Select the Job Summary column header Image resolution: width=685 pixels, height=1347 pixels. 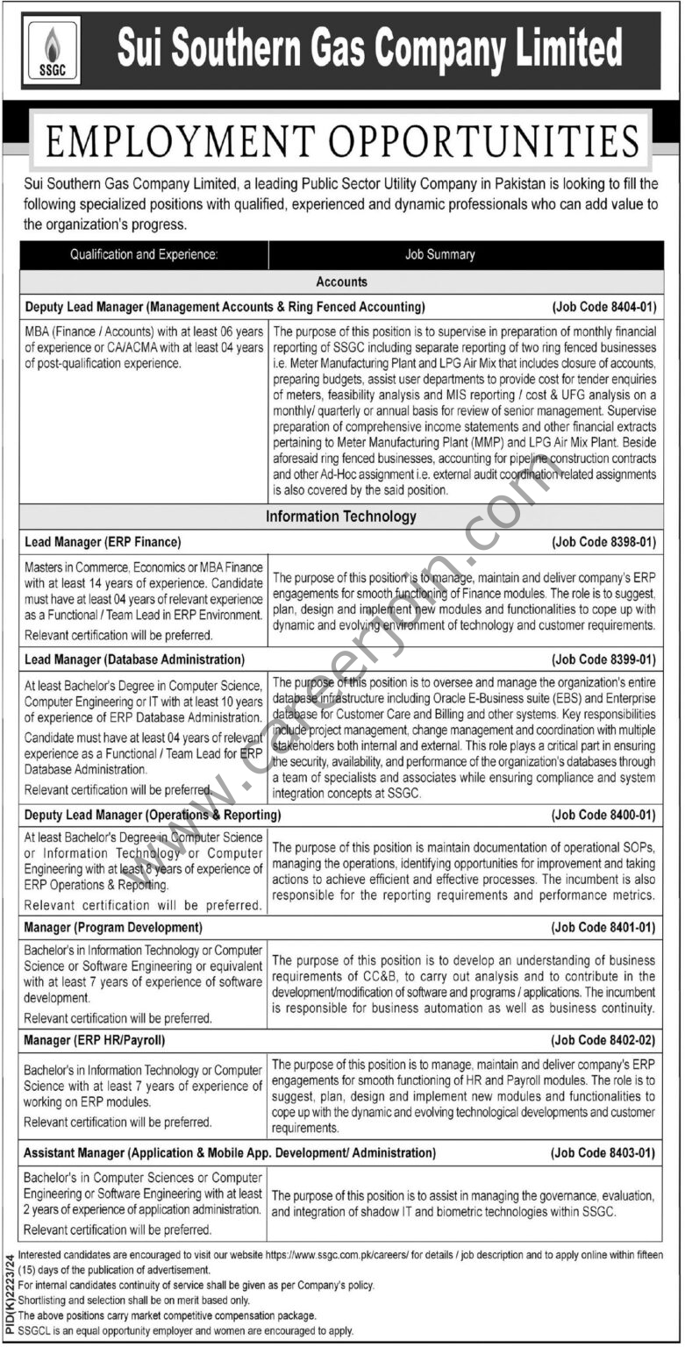[x=439, y=255]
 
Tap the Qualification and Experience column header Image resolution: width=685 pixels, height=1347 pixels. [x=144, y=255]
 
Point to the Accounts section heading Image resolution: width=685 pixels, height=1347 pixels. [x=341, y=282]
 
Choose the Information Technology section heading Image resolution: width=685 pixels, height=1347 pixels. [x=341, y=517]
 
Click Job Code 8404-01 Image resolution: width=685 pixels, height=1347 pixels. [x=603, y=307]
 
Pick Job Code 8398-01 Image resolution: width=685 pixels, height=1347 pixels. [x=603, y=543]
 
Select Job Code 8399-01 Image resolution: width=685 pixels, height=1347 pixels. [x=603, y=659]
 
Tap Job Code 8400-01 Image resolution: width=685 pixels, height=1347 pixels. [x=603, y=815]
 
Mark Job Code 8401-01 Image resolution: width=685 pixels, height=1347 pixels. [x=603, y=927]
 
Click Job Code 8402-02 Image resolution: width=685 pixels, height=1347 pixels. [x=603, y=1040]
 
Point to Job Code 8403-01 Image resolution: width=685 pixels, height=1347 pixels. [x=603, y=1152]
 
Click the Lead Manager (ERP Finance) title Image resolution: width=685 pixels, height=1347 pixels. [x=103, y=543]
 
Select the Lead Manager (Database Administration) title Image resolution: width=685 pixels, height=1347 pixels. [x=134, y=659]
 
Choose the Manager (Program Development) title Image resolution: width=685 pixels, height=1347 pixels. [x=114, y=927]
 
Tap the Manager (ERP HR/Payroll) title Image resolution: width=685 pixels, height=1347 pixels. [x=95, y=1040]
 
